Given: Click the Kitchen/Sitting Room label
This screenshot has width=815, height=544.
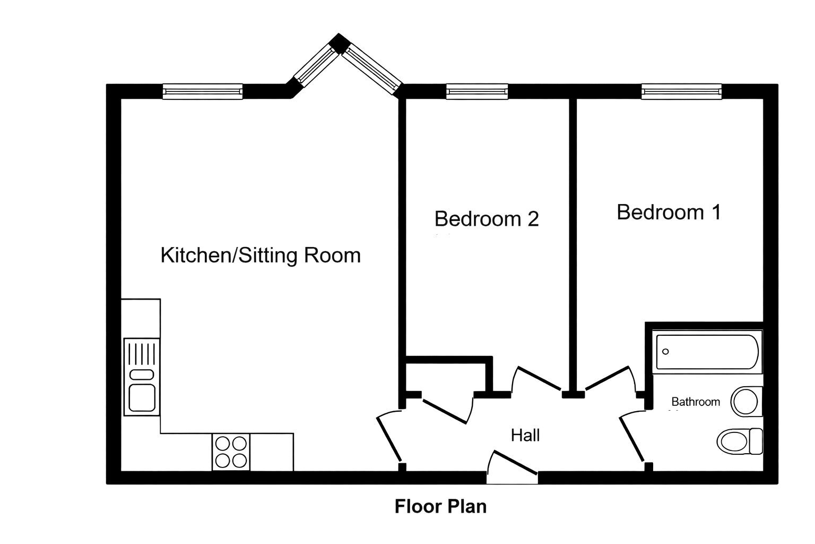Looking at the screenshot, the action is [x=261, y=256].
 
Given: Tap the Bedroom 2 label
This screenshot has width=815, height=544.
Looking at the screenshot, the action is [x=487, y=219].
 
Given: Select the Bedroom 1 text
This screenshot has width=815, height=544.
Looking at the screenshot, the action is [x=669, y=212].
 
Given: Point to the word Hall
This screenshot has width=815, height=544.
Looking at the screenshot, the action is [x=525, y=435].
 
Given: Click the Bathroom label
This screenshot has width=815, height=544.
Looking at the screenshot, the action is [x=696, y=402].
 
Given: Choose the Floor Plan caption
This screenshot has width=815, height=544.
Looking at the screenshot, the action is [x=440, y=506].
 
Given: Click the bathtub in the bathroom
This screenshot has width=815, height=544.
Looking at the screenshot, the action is [x=707, y=352].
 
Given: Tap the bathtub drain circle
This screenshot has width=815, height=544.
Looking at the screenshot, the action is [x=665, y=352].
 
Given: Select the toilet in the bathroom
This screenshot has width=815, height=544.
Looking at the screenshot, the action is [x=740, y=441].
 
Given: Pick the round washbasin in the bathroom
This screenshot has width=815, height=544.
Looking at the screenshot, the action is [x=746, y=402].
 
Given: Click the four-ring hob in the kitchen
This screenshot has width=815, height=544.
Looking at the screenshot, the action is [x=231, y=452].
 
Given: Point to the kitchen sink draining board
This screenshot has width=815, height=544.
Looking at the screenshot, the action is [x=142, y=353].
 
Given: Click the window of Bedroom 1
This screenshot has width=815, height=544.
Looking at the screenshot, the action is [x=681, y=91].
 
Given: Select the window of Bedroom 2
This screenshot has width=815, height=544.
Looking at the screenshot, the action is [x=477, y=91].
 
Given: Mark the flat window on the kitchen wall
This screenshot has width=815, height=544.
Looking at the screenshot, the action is [x=203, y=91].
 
